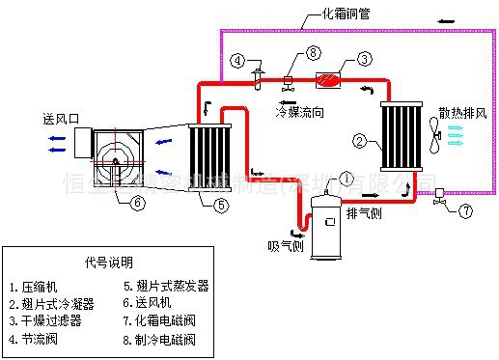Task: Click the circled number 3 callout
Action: pyautogui.click(x=365, y=60)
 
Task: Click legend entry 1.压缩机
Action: pyautogui.click(x=36, y=286)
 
